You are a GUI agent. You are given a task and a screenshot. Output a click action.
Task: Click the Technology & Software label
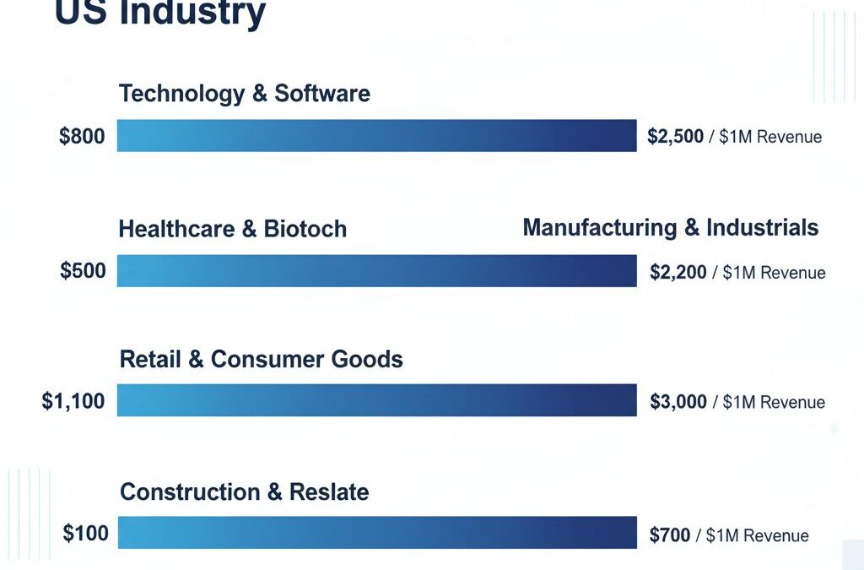(244, 93)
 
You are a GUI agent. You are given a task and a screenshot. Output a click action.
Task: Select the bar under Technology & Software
(376, 136)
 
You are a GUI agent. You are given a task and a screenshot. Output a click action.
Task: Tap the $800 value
(82, 136)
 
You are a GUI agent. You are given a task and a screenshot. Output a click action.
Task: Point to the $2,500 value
(675, 136)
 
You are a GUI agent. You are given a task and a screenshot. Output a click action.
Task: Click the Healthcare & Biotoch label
(232, 229)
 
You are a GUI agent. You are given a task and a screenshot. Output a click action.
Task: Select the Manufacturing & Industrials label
(670, 228)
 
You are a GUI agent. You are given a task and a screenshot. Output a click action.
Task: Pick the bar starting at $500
(376, 271)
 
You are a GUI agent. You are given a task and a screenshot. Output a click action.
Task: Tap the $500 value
(83, 271)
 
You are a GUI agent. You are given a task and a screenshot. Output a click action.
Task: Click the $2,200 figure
(678, 272)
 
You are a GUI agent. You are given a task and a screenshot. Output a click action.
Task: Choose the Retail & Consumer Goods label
(261, 359)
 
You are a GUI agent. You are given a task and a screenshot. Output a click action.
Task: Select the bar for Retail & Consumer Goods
(376, 400)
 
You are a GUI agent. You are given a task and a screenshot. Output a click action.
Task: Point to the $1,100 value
(73, 401)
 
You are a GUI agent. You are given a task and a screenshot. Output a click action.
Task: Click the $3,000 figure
(678, 402)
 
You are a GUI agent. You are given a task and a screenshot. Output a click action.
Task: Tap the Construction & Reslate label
(244, 491)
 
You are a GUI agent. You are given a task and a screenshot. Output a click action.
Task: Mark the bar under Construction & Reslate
(376, 533)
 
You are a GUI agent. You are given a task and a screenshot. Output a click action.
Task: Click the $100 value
(85, 534)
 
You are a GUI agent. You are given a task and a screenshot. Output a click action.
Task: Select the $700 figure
(669, 535)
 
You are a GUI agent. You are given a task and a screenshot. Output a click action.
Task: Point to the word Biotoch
(305, 229)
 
